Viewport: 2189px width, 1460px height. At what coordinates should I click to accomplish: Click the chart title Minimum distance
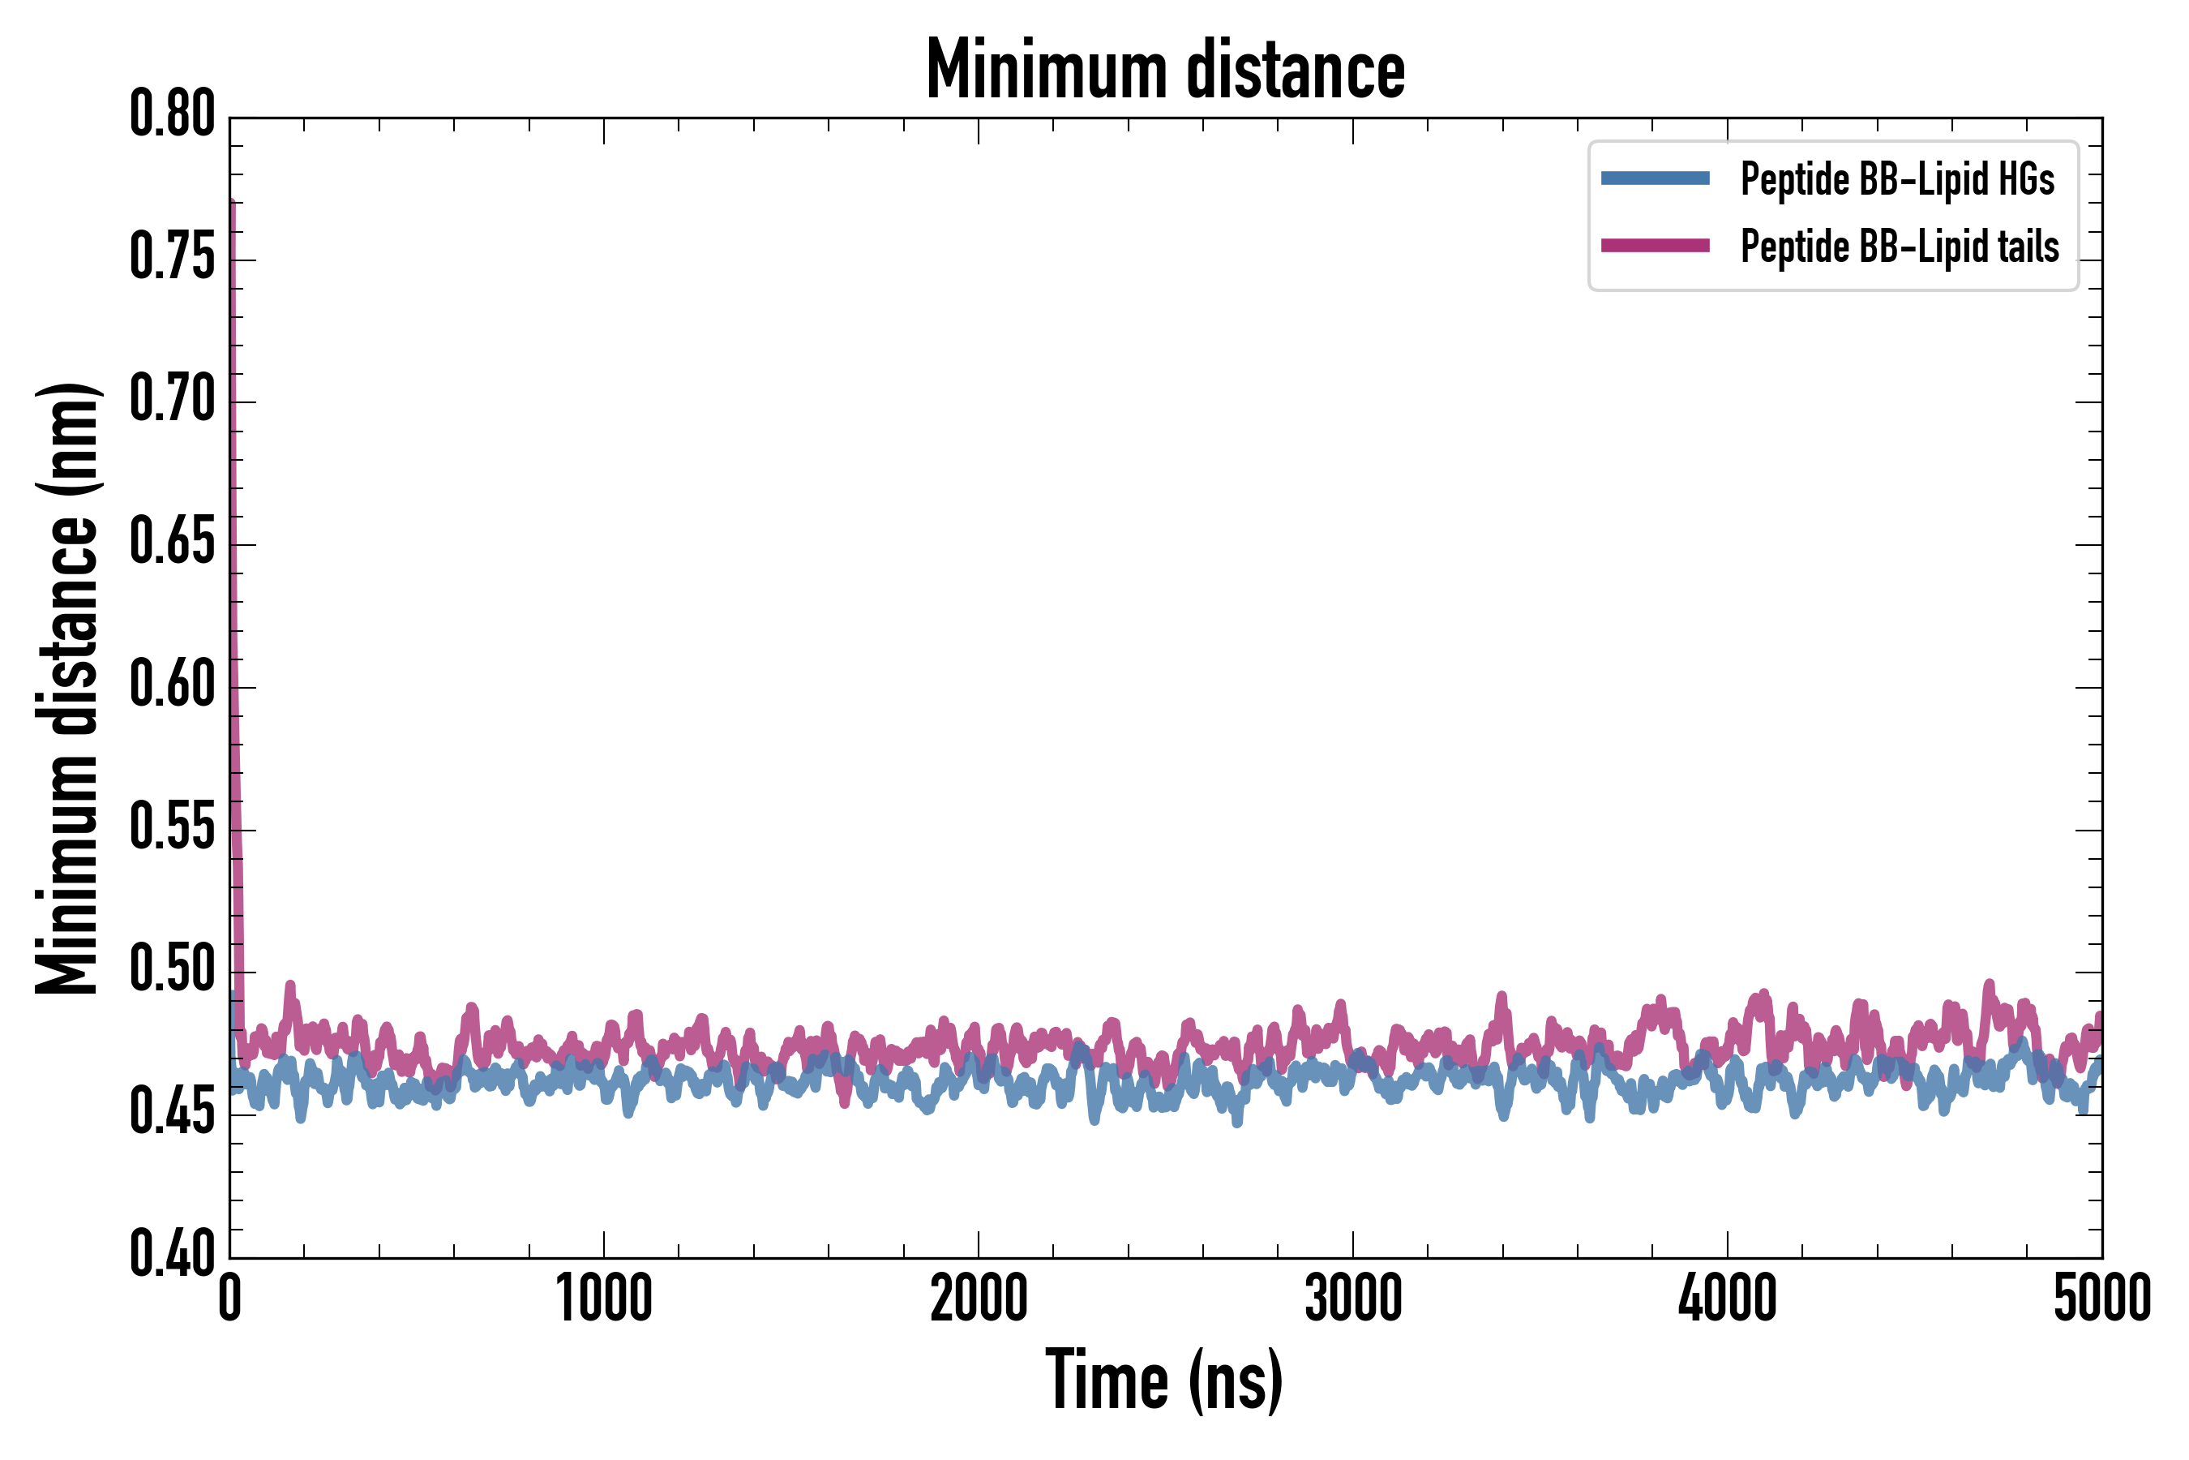1164,70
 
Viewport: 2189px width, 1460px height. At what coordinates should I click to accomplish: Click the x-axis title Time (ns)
1164,1380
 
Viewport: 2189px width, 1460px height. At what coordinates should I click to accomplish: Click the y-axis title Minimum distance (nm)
67,688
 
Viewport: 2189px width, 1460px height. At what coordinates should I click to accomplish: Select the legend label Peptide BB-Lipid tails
1900,247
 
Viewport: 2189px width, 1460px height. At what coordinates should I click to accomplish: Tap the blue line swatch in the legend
1655,178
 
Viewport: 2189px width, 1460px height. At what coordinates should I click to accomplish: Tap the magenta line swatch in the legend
1655,246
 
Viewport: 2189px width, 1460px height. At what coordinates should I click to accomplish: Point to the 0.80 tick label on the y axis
172,114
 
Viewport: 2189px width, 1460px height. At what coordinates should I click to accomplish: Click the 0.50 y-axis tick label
172,970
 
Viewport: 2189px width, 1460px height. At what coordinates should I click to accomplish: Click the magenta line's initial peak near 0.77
231,203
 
